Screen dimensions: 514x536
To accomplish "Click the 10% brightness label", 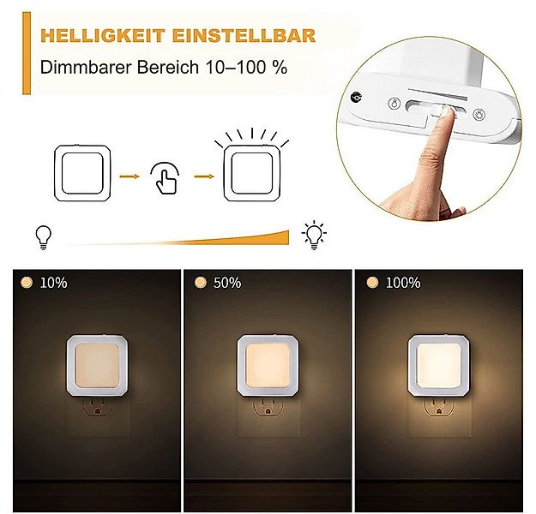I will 53,283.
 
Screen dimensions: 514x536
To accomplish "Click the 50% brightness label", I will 228,283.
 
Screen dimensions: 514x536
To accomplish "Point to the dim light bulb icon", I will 40,236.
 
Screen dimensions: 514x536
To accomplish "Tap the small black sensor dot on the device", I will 355,98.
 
